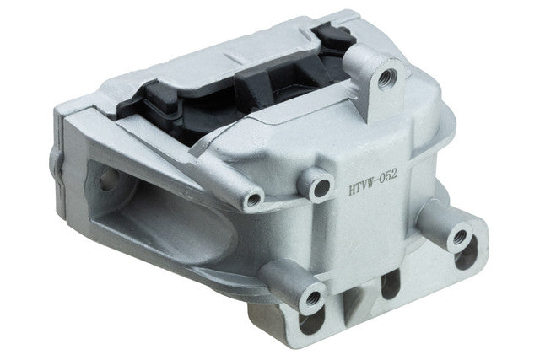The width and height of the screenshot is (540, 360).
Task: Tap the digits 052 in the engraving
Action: coord(387,177)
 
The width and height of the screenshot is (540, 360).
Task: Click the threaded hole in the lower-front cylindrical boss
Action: coord(313,297)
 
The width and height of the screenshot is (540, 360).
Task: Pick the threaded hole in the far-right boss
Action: coord(460,237)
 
